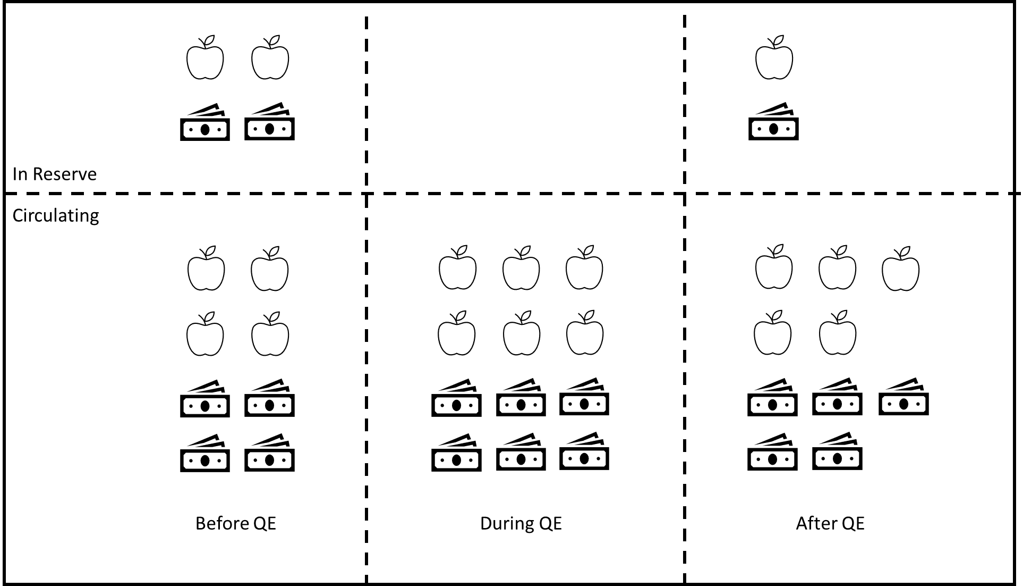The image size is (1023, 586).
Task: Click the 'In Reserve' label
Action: click(x=54, y=174)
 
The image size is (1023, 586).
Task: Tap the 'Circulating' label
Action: click(x=56, y=215)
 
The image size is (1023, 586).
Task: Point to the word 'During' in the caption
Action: click(x=507, y=523)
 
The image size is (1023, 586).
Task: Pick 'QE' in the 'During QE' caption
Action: click(x=550, y=523)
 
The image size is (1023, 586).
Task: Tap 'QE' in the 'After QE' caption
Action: click(x=852, y=523)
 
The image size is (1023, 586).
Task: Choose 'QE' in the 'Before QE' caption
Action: click(x=265, y=523)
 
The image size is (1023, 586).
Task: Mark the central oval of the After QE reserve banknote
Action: click(x=773, y=129)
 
